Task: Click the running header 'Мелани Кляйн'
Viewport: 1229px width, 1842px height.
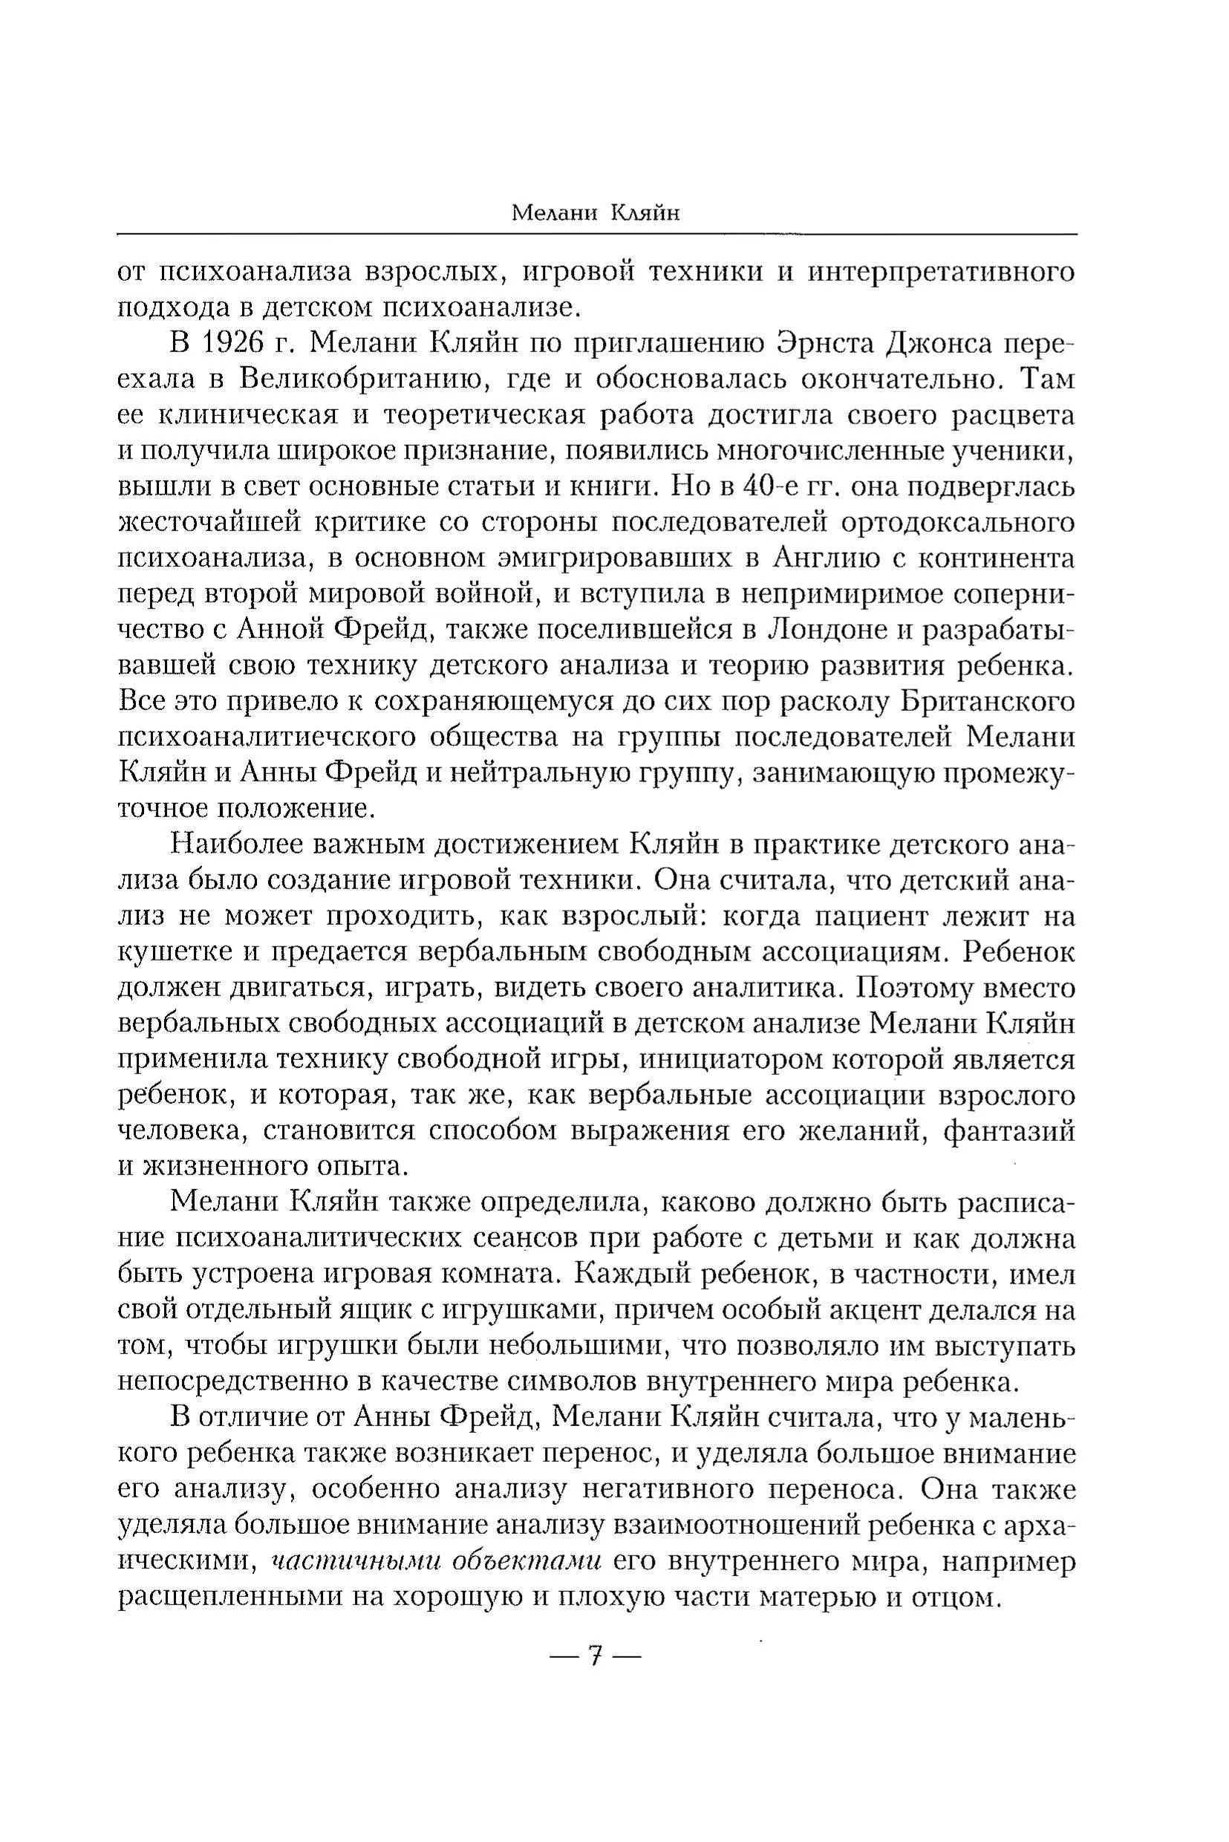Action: tap(595, 213)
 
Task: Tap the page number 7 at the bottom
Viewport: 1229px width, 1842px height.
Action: tap(596, 1656)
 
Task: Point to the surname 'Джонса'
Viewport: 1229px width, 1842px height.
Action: tap(942, 343)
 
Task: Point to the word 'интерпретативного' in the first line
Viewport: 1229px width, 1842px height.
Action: tap(940, 272)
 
